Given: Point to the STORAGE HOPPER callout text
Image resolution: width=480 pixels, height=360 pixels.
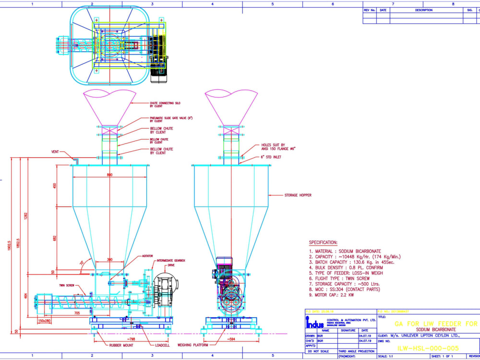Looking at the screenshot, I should click(298, 195).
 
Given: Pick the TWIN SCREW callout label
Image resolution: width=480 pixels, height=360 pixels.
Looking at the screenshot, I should click(66, 285).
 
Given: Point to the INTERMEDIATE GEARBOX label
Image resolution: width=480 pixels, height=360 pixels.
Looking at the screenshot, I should click(171, 260).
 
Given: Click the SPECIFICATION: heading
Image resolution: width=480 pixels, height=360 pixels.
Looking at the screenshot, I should click(323, 243).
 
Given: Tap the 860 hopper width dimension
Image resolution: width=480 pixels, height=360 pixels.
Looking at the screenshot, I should click(109, 175).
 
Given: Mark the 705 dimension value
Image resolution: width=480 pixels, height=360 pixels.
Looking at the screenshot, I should click(77, 312).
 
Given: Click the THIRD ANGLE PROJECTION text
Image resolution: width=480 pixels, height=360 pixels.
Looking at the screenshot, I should click(356, 351).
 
